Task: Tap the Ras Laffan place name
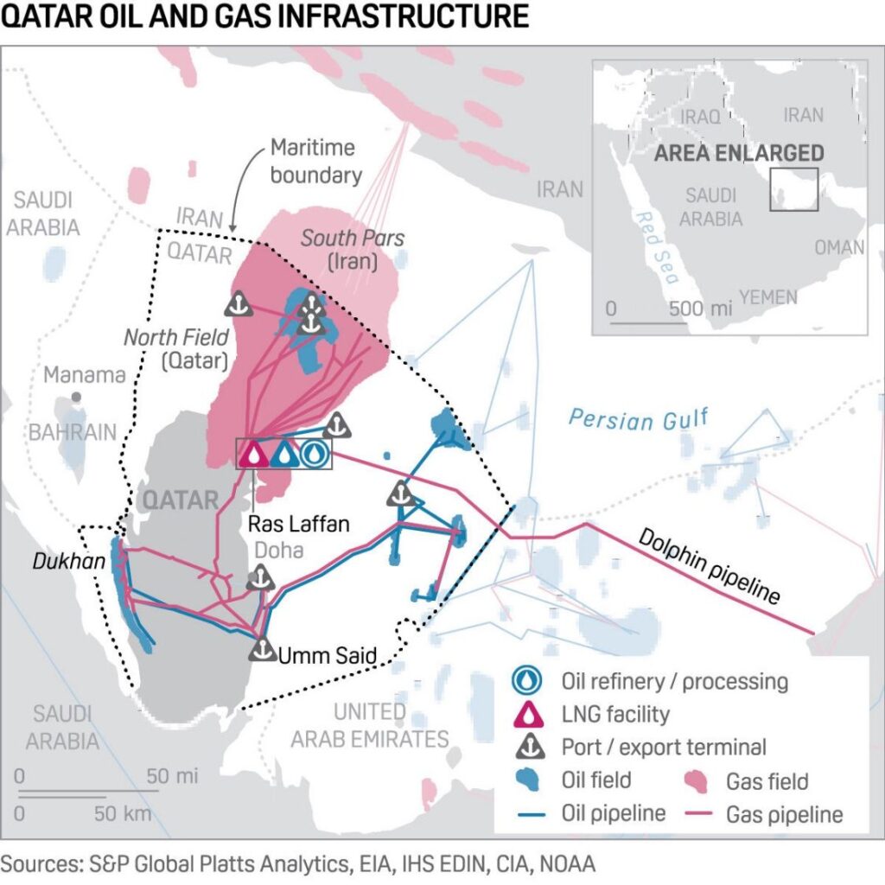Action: (297, 524)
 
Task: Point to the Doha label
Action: (280, 551)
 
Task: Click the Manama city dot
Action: (77, 396)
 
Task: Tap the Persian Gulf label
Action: (638, 420)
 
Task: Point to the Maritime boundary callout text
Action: (313, 161)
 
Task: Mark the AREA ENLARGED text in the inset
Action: (739, 154)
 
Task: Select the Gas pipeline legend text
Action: (784, 813)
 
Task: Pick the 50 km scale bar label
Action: (122, 813)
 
